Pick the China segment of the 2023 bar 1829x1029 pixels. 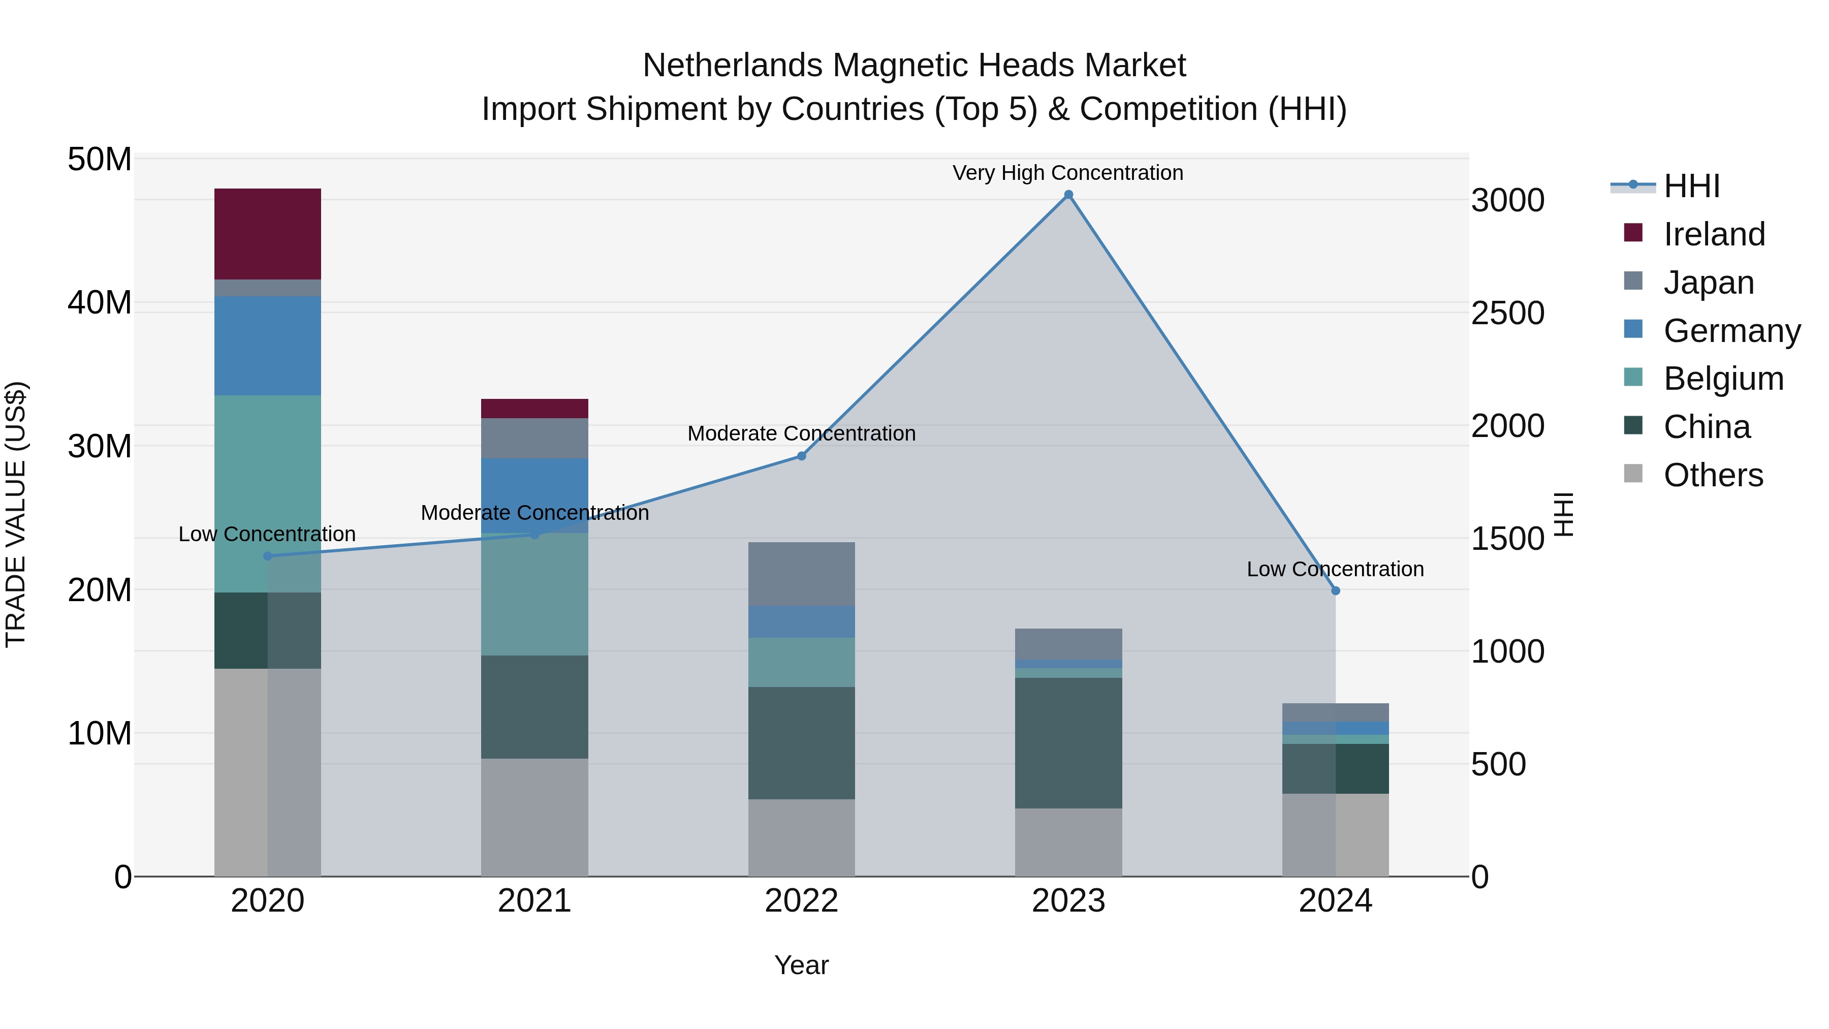pos(1068,743)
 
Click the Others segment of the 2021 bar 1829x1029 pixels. pos(534,817)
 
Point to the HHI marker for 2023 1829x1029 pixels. pos(1068,195)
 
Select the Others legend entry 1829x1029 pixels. pos(1713,475)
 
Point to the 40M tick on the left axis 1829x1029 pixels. pos(100,302)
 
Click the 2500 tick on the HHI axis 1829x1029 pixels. pos(1507,313)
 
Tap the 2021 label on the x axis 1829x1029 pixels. pos(534,901)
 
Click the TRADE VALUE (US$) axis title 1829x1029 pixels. pos(16,514)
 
